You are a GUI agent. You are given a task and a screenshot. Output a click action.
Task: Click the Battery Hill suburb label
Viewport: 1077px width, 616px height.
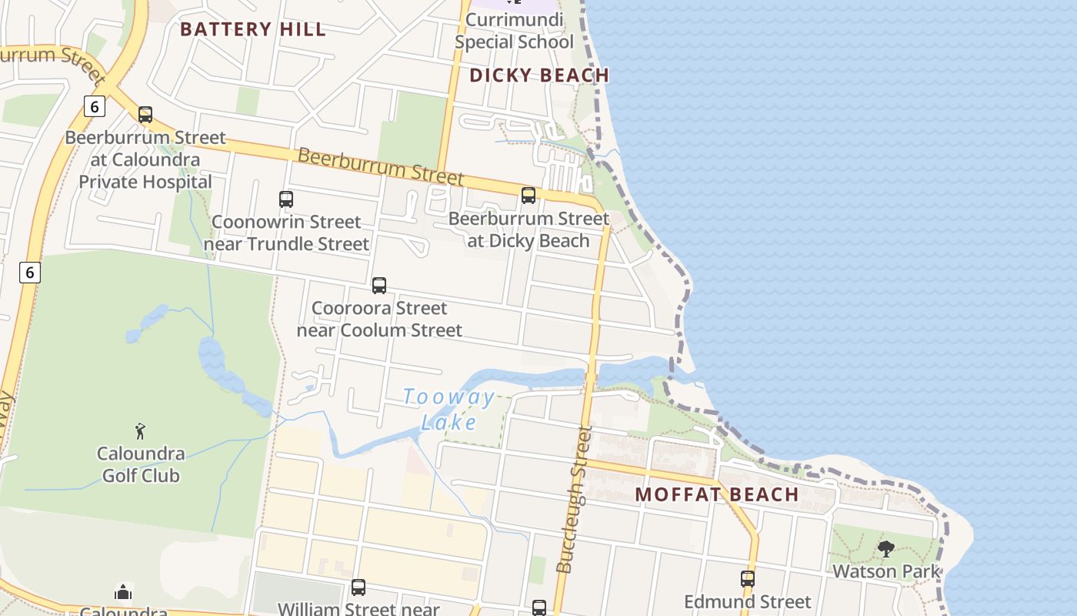(253, 30)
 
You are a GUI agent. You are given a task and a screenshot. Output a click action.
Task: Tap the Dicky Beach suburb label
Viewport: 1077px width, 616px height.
(539, 75)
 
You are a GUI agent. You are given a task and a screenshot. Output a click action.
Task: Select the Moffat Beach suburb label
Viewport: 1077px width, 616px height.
(717, 494)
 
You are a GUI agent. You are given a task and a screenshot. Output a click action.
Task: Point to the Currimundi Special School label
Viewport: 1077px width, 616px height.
(514, 31)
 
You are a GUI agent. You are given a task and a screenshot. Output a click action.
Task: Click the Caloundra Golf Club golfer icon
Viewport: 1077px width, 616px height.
(140, 431)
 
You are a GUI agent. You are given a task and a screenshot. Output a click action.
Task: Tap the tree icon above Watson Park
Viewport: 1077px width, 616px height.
(886, 549)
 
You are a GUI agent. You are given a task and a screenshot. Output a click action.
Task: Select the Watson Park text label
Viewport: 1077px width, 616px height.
(886, 571)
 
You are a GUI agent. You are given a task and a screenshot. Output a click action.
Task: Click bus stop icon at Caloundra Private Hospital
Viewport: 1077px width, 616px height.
(145, 115)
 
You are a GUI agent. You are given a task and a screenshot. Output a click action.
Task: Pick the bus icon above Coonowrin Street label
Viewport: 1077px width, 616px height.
(286, 199)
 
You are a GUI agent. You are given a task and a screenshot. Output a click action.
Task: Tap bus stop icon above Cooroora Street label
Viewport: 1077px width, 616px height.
(379, 286)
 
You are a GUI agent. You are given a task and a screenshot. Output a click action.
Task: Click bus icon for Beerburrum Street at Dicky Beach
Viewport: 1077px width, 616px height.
(528, 196)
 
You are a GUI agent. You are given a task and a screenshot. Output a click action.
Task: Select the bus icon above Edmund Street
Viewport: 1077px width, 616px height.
(748, 578)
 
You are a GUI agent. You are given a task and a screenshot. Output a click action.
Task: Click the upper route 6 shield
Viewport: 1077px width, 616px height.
(94, 106)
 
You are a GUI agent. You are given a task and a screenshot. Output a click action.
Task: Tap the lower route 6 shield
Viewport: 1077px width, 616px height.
(29, 272)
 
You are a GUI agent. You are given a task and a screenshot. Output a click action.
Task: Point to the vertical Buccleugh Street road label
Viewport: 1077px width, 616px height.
(574, 500)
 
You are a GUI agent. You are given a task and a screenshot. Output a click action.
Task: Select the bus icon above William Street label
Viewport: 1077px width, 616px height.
(358, 588)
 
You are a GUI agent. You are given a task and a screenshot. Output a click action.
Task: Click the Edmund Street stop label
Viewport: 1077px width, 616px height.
(748, 601)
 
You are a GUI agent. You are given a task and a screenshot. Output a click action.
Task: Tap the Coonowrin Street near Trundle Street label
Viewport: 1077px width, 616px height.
(286, 233)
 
